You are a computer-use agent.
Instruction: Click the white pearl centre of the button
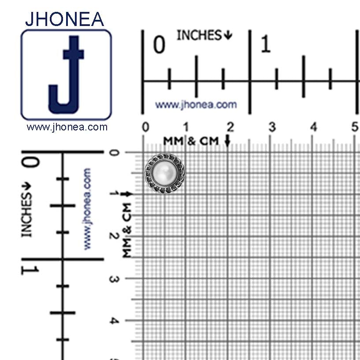click(165, 173)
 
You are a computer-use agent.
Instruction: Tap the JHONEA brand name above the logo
click(65, 19)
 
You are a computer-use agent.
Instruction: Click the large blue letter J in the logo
click(67, 74)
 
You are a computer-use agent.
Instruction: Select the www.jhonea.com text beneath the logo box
click(67, 127)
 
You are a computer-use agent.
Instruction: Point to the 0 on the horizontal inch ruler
click(159, 45)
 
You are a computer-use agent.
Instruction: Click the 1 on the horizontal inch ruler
click(266, 44)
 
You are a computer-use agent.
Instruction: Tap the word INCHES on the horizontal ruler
click(199, 35)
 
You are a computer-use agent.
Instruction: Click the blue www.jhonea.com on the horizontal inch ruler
click(196, 105)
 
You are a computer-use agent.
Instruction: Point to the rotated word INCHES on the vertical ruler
click(26, 215)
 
